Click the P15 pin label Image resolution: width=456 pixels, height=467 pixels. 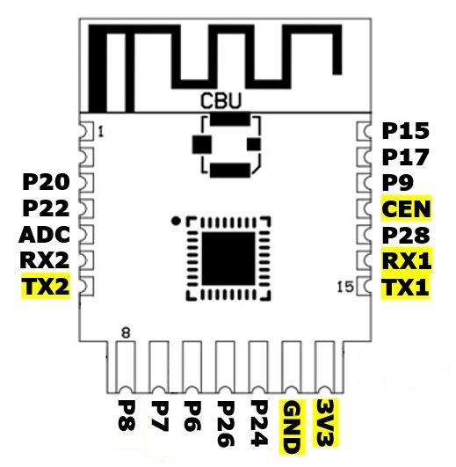tap(405, 131)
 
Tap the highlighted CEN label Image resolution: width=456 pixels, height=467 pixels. tap(406, 208)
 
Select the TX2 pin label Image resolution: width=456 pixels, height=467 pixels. tap(46, 287)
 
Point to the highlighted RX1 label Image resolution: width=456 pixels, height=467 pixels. tap(406, 260)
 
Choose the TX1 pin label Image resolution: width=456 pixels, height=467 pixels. tap(406, 288)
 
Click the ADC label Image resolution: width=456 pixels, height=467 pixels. tap(45, 235)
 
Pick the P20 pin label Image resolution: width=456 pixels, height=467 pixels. tap(46, 182)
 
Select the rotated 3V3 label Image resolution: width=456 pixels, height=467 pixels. tap(325, 422)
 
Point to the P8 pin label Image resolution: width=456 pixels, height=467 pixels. tap(127, 415)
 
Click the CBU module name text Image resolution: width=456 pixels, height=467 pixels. tap(221, 100)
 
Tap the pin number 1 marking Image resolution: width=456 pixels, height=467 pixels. tap(101, 131)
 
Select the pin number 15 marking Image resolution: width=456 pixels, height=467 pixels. tap(345, 287)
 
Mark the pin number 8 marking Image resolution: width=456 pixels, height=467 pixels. tap(127, 332)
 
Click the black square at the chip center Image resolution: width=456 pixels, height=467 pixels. tap(228, 259)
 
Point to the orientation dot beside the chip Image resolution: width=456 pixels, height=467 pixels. tap(176, 221)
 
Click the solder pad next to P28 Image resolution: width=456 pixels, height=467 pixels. tap(364, 235)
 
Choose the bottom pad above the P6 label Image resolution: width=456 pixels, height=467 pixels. tap(192, 368)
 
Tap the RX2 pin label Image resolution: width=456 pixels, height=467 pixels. tap(45, 260)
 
